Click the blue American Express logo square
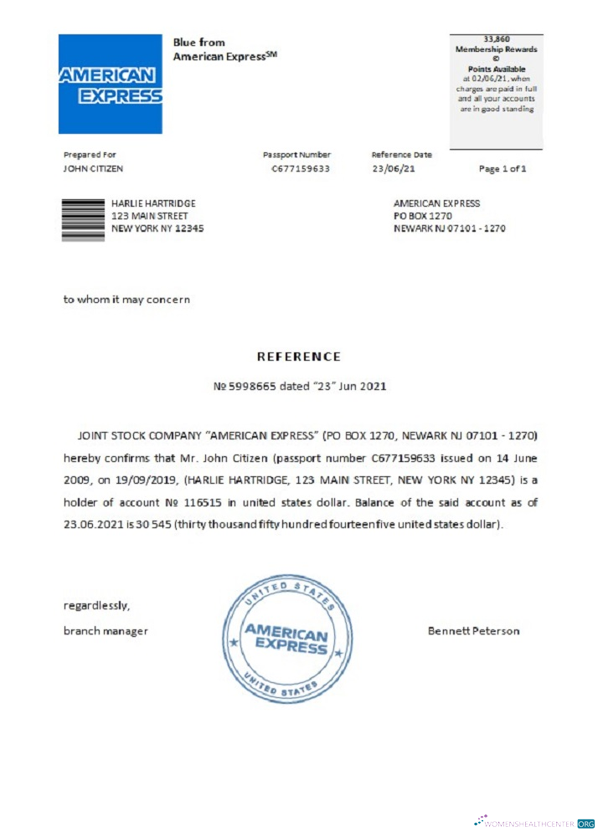pos(110,84)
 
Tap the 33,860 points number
pos(497,39)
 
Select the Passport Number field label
pos(296,155)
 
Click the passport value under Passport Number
pos(301,169)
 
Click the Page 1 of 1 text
pos(502,169)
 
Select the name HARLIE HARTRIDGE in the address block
pos(153,203)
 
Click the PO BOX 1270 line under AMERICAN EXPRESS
pos(423,216)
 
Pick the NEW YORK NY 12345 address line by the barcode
pos(157,229)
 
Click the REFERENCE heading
pos(299,357)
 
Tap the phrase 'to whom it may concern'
pos(126,299)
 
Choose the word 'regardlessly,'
pos(96,604)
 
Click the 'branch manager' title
pos(106,631)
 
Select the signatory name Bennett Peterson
pos(473,630)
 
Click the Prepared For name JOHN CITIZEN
pos(93,169)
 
